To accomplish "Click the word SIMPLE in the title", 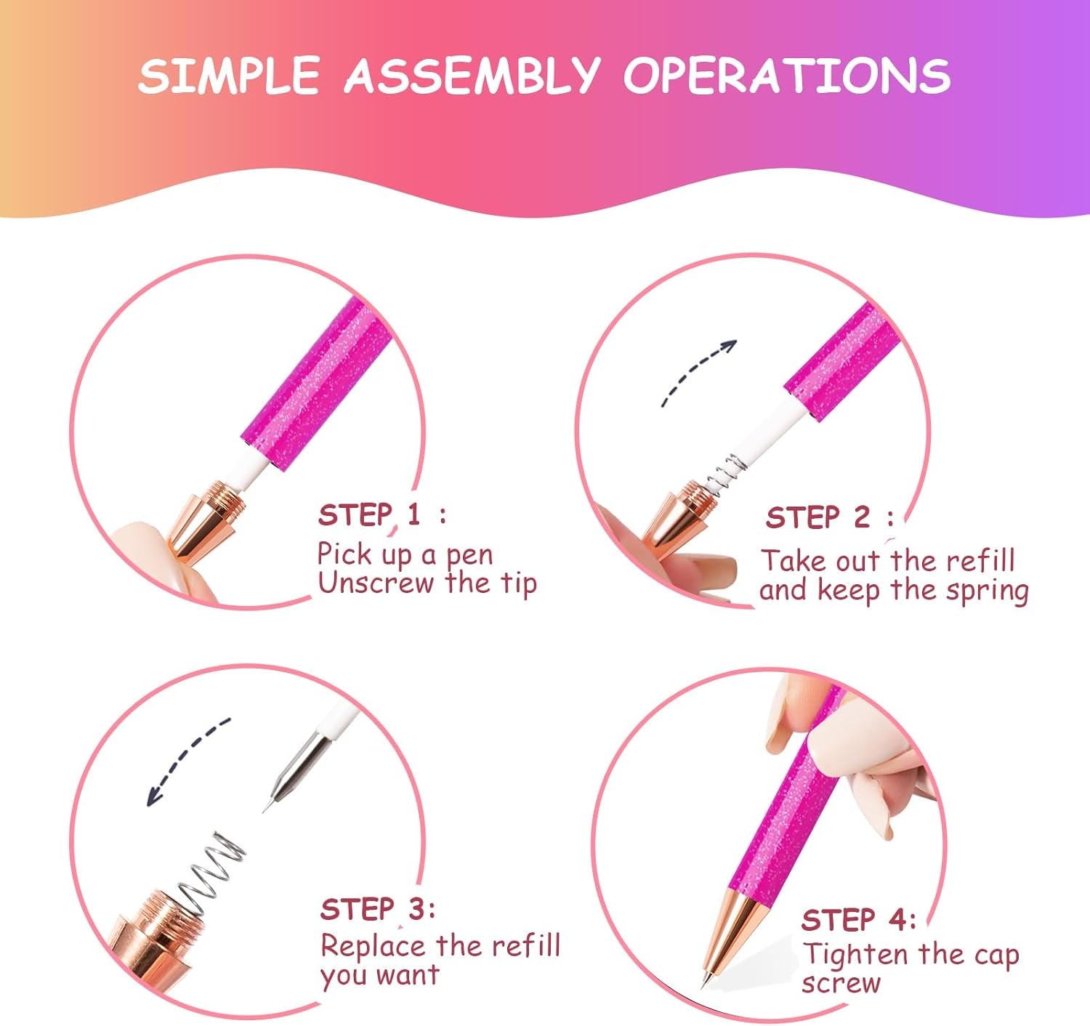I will [x=229, y=75].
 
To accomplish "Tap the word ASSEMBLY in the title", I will [x=472, y=75].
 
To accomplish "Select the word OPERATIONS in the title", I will [x=786, y=75].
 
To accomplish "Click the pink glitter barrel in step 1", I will [x=316, y=385].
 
